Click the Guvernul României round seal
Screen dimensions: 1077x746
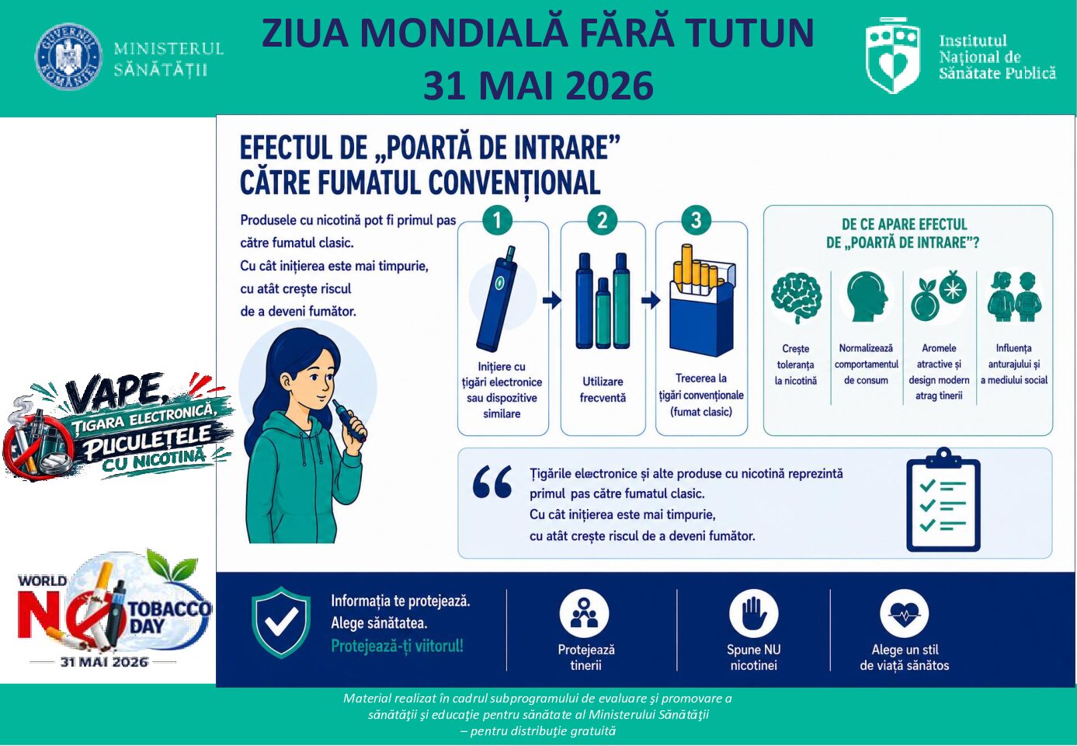[68, 57]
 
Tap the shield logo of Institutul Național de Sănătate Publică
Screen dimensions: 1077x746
[893, 55]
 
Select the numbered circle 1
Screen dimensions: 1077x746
[497, 221]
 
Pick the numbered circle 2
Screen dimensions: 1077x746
[603, 221]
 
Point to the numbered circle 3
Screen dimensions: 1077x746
[697, 221]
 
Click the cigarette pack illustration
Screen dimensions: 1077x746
[702, 301]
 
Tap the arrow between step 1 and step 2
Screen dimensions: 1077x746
[552, 300]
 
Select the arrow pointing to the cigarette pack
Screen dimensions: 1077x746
[651, 300]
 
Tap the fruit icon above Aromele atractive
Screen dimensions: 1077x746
[939, 295]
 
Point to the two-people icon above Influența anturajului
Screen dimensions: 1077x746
[1015, 297]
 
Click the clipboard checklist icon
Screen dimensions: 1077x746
[943, 500]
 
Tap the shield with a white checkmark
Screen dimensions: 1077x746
[281, 622]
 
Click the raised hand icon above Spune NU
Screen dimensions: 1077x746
[753, 614]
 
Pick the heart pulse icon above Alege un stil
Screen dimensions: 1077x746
[904, 614]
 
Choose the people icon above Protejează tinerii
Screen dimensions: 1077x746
[584, 614]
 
